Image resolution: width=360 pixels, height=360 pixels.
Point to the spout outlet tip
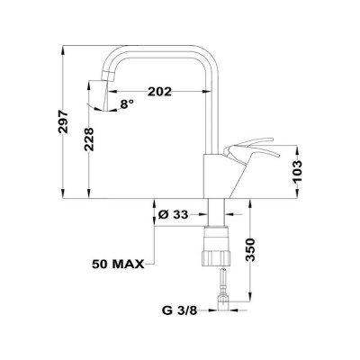pyautogui.click(x=102, y=89)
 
